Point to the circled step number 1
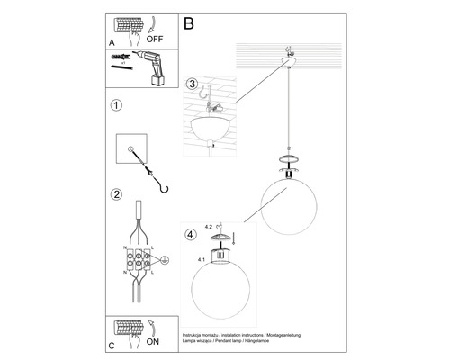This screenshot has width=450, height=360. click(x=115, y=105)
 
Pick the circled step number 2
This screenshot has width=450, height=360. click(x=115, y=193)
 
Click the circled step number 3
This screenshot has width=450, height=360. click(x=192, y=85)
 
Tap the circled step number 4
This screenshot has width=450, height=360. click(x=190, y=236)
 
